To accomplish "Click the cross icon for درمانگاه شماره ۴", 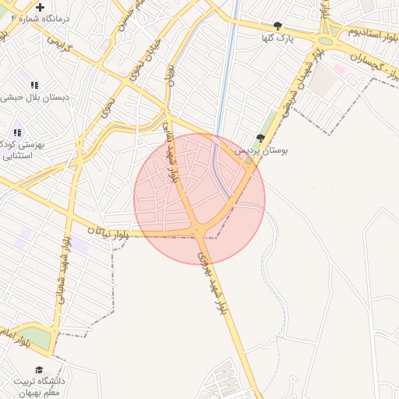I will tap(40, 7).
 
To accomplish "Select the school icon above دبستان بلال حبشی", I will tap(34, 85).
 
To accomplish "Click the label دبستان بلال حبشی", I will tap(35, 97).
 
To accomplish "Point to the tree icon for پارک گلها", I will tap(278, 26).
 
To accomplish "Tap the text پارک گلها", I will tap(278, 37).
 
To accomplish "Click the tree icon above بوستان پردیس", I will tap(260, 138).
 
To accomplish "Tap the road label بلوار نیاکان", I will tap(106, 231).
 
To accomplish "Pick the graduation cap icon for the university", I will tap(39, 369).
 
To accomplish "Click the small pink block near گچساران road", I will tap(341, 69).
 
